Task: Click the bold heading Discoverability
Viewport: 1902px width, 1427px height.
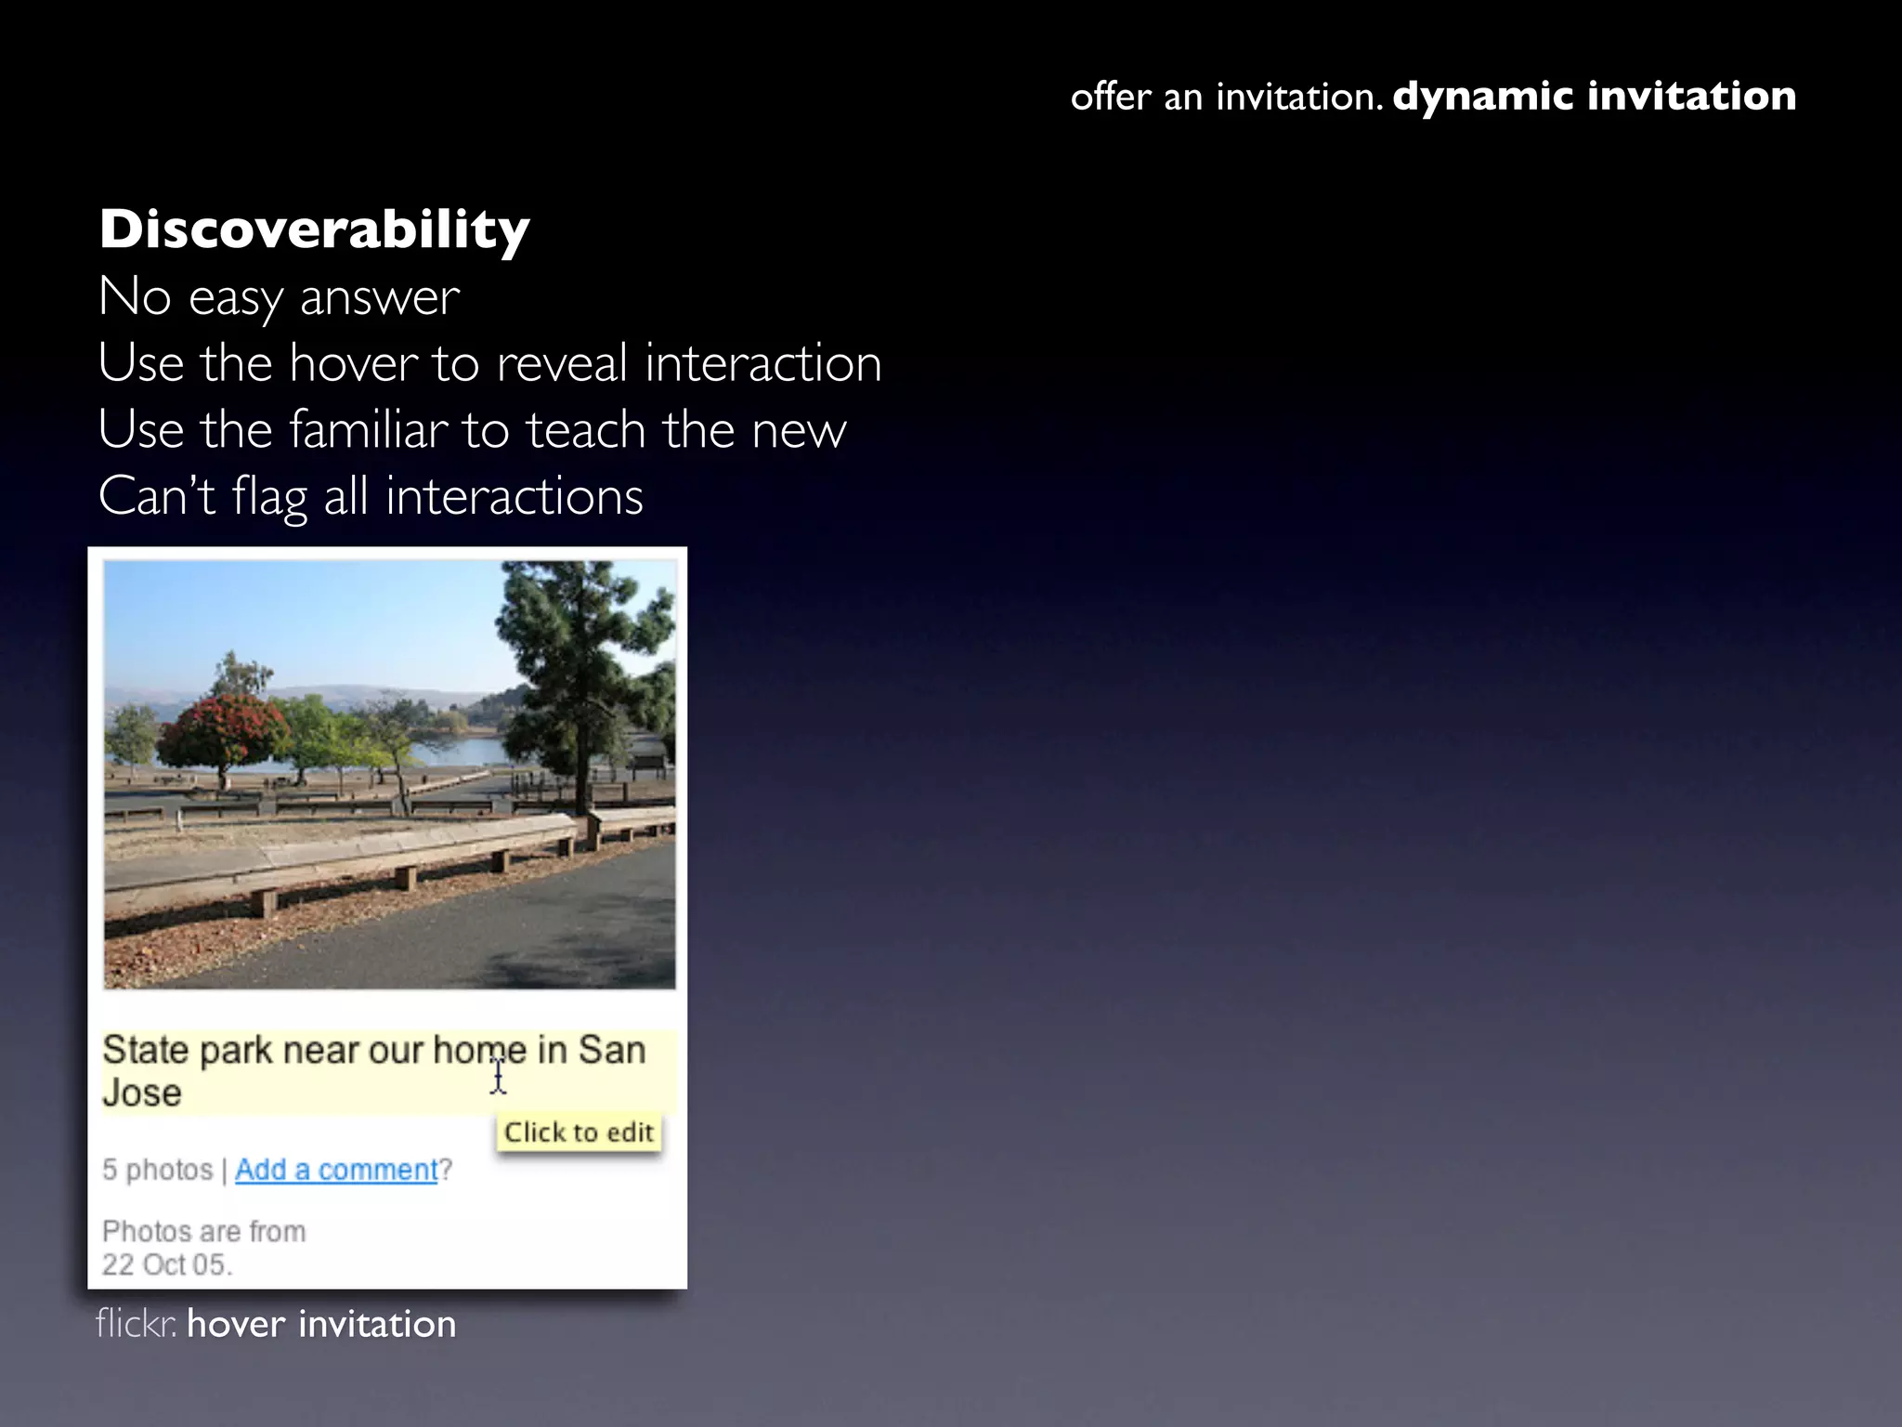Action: pos(314,229)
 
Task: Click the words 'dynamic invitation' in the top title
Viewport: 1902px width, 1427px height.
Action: pos(1594,96)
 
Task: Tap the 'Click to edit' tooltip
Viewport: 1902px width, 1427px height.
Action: pos(579,1132)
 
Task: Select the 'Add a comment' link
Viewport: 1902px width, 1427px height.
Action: pos(335,1170)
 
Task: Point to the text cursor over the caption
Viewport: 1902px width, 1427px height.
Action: pos(499,1078)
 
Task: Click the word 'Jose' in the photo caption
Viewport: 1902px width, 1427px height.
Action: pos(142,1093)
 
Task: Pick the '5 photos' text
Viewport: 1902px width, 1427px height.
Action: pos(157,1170)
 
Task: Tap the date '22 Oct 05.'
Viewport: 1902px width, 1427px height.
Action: pos(167,1264)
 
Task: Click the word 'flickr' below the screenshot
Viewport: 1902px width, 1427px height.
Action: pos(135,1324)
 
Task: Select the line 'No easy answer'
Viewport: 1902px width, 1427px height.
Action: pos(279,297)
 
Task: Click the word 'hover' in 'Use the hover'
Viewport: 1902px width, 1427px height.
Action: pos(353,362)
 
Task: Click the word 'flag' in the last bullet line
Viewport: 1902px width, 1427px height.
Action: pos(269,496)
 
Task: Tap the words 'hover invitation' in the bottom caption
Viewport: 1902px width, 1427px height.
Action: pos(321,1324)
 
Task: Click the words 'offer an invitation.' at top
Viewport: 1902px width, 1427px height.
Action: pos(1226,97)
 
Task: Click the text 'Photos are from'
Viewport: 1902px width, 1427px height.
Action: pos(203,1231)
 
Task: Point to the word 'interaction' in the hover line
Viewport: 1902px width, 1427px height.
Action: pos(762,362)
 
